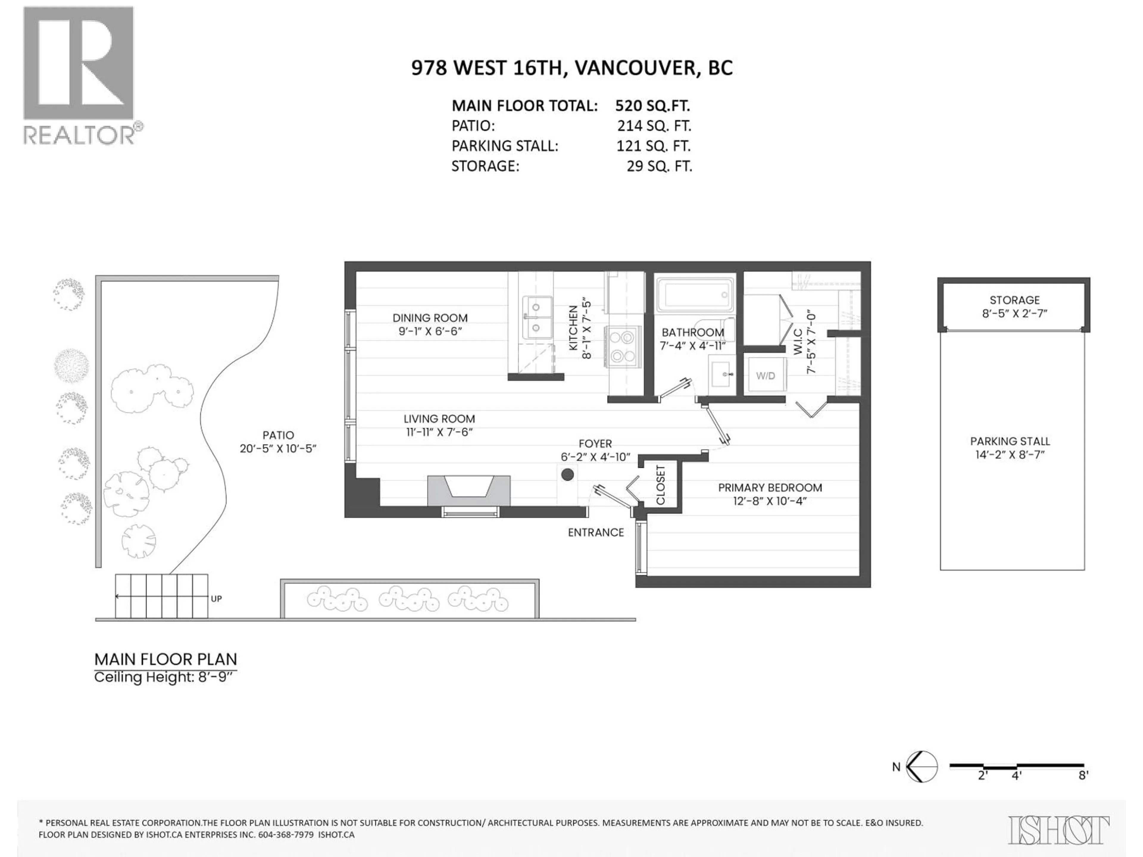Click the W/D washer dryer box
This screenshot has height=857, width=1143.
[766, 376]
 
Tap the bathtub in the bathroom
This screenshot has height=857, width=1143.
[694, 295]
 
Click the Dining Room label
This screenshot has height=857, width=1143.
[430, 318]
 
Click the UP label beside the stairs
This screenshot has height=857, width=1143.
[216, 599]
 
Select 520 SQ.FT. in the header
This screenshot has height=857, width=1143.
[652, 106]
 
